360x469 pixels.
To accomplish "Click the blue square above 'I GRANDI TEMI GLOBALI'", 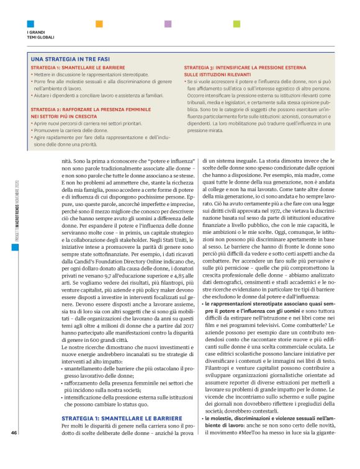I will click(29, 24).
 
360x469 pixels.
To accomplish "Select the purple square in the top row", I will click(168, 24).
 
